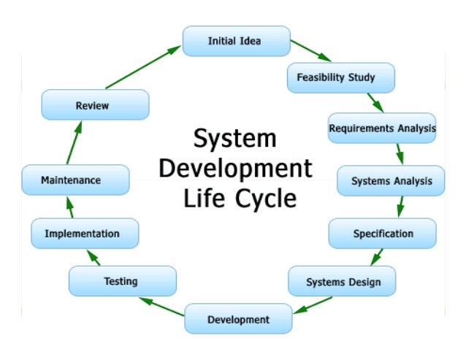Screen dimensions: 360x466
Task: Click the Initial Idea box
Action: (236, 41)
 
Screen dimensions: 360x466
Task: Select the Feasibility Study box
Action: (341, 77)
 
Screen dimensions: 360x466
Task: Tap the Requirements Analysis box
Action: (382, 128)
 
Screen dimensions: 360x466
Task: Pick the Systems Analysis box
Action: (391, 180)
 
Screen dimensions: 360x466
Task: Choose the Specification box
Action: (383, 234)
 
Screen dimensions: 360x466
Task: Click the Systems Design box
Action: (343, 281)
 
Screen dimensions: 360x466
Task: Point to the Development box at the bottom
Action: (238, 319)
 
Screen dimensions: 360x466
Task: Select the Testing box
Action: (121, 280)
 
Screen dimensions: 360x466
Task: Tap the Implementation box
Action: (85, 234)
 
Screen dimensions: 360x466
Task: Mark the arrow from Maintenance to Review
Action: (75, 142)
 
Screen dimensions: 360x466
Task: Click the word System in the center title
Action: (234, 139)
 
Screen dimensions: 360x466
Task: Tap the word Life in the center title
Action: (202, 198)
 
